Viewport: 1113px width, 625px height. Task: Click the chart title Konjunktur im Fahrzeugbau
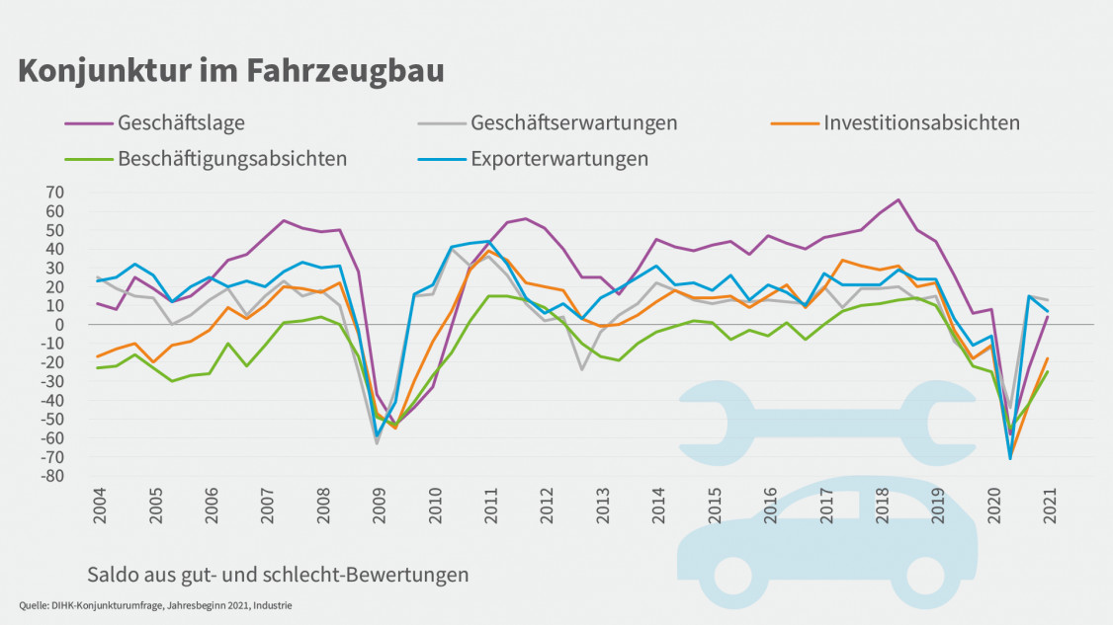231,71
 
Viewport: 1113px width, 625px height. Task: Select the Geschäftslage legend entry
181,123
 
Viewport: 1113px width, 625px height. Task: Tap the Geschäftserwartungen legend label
574,123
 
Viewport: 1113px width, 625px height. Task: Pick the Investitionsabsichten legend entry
921,123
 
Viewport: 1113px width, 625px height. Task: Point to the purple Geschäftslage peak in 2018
899,199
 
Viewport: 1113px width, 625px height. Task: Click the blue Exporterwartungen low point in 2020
1010,458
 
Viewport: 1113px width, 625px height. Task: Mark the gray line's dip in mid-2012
582,369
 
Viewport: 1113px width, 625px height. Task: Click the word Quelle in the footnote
34,605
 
